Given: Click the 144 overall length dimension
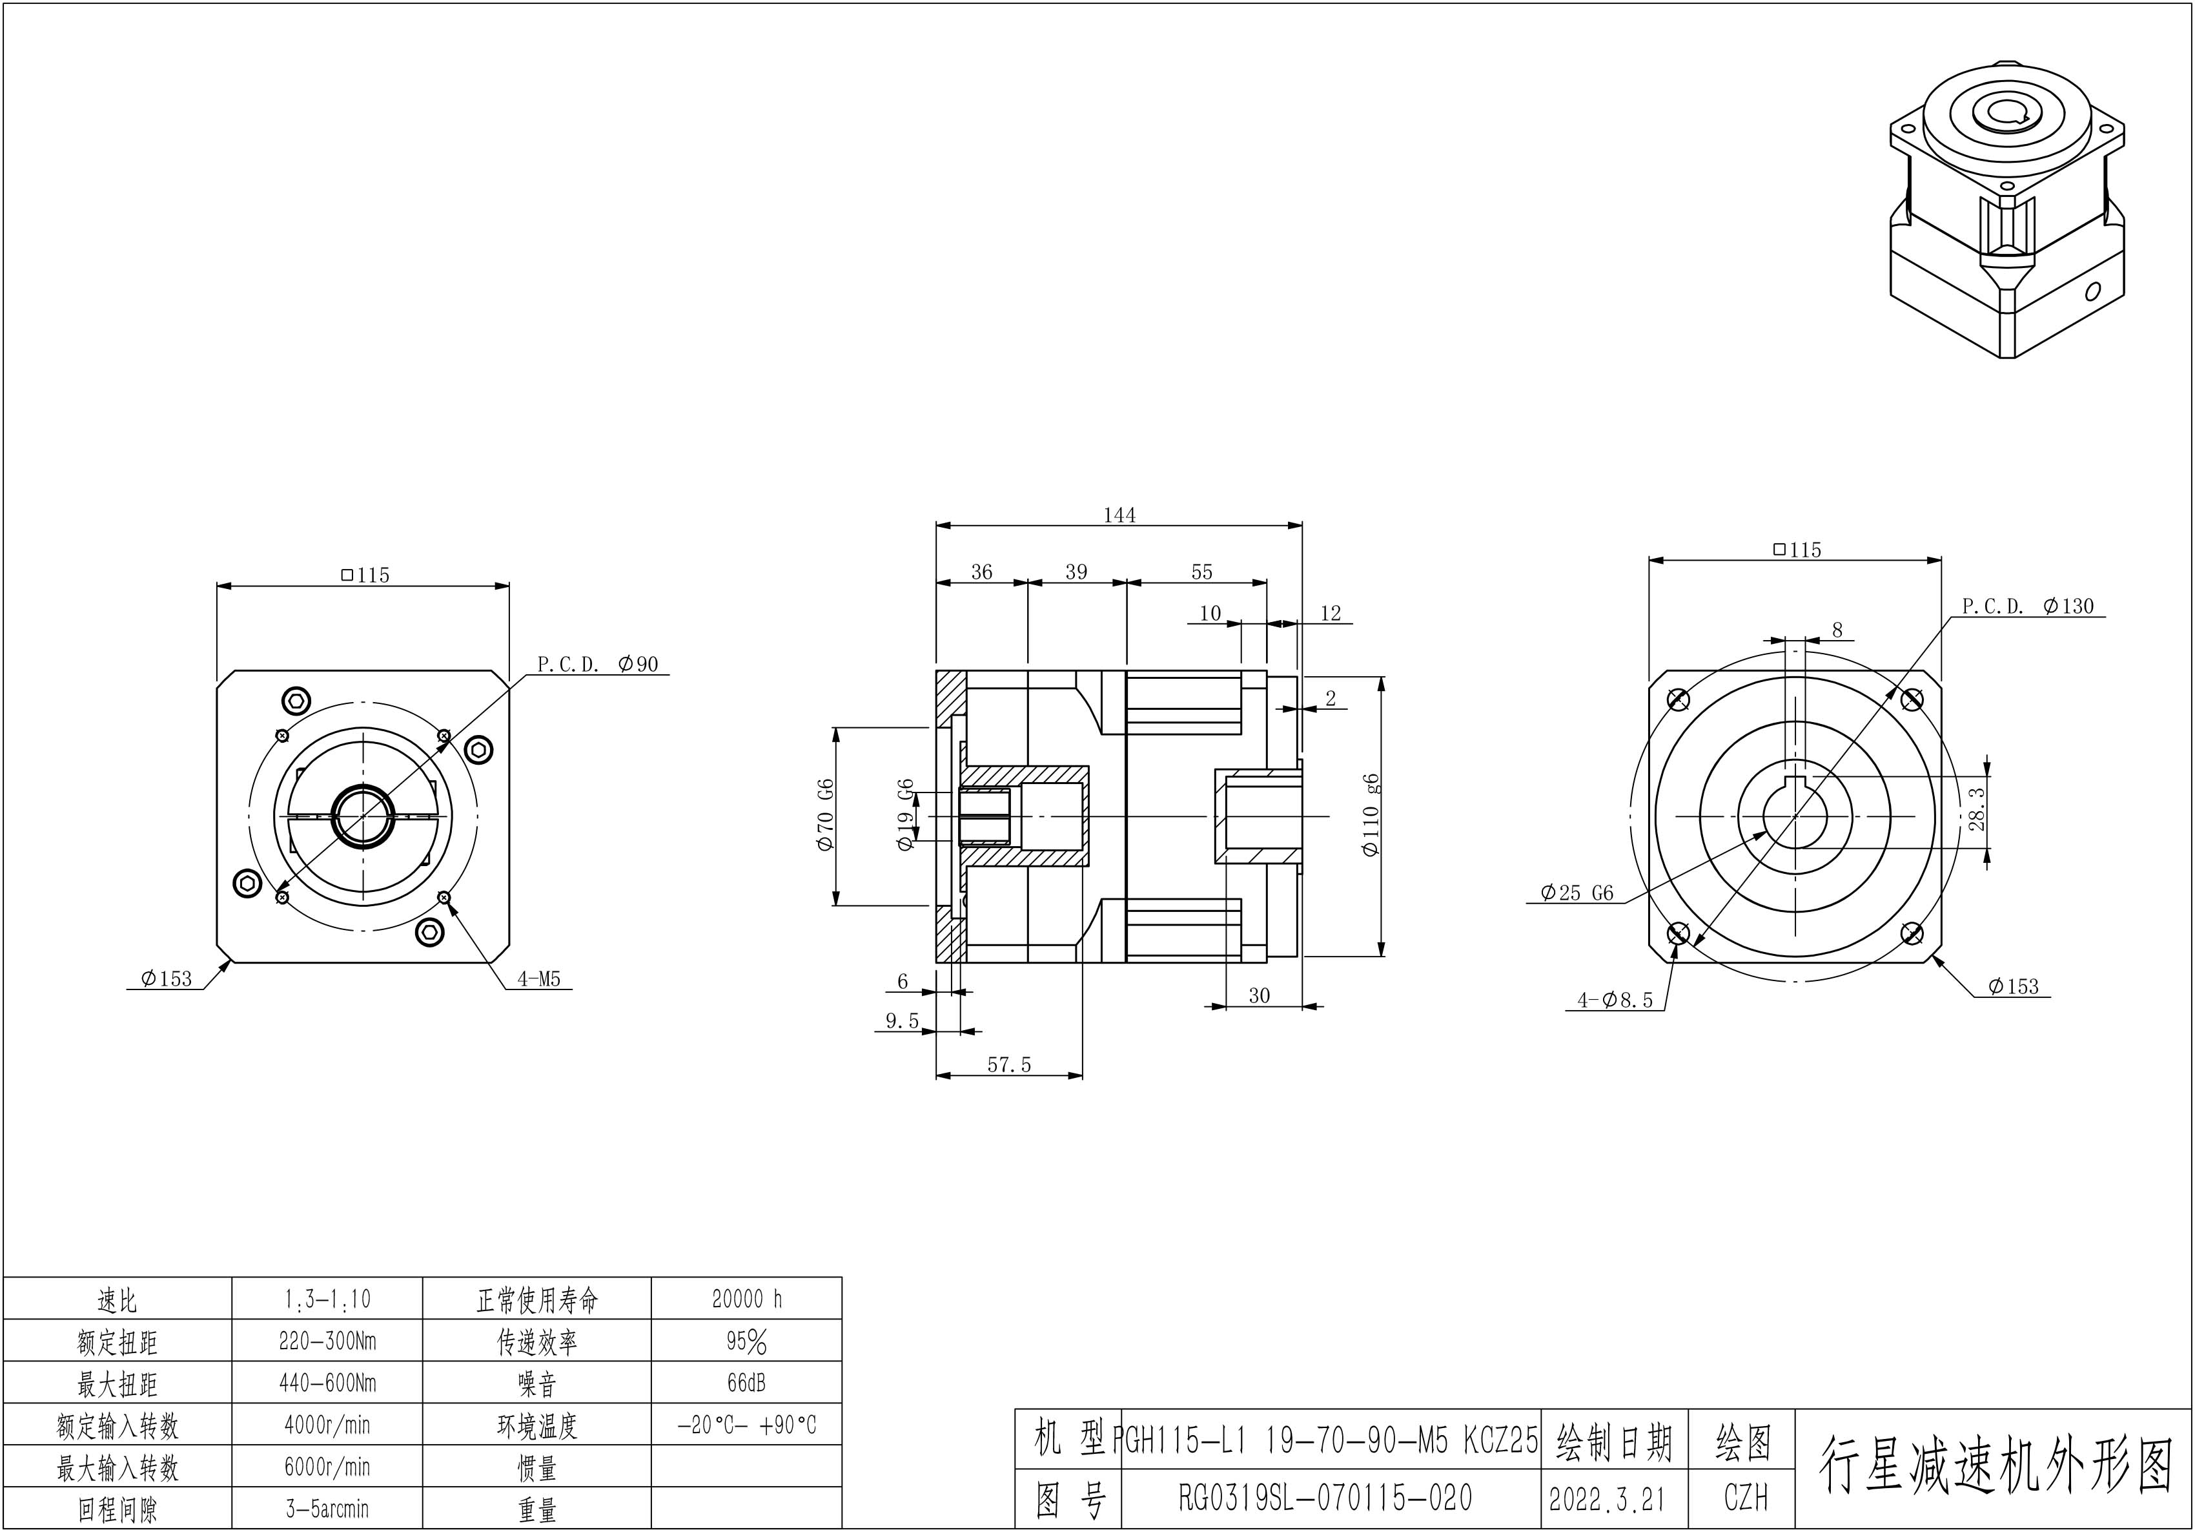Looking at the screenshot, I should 1119,515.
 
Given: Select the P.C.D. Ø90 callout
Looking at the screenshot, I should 598,664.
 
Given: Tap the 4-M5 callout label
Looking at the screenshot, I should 538,979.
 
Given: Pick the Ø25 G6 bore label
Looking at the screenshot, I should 1577,893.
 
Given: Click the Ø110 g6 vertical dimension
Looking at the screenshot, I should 1372,815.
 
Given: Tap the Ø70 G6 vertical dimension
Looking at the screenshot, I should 826,816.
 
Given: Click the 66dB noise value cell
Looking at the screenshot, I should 747,1383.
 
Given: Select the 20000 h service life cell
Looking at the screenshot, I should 747,1299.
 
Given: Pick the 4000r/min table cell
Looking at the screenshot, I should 327,1425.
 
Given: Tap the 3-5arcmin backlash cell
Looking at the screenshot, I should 327,1509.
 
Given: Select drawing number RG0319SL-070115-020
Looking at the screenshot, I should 1325,1498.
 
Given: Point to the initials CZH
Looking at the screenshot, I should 1746,1498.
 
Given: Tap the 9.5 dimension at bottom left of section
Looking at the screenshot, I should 901,1021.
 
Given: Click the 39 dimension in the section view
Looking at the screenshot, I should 1076,572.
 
